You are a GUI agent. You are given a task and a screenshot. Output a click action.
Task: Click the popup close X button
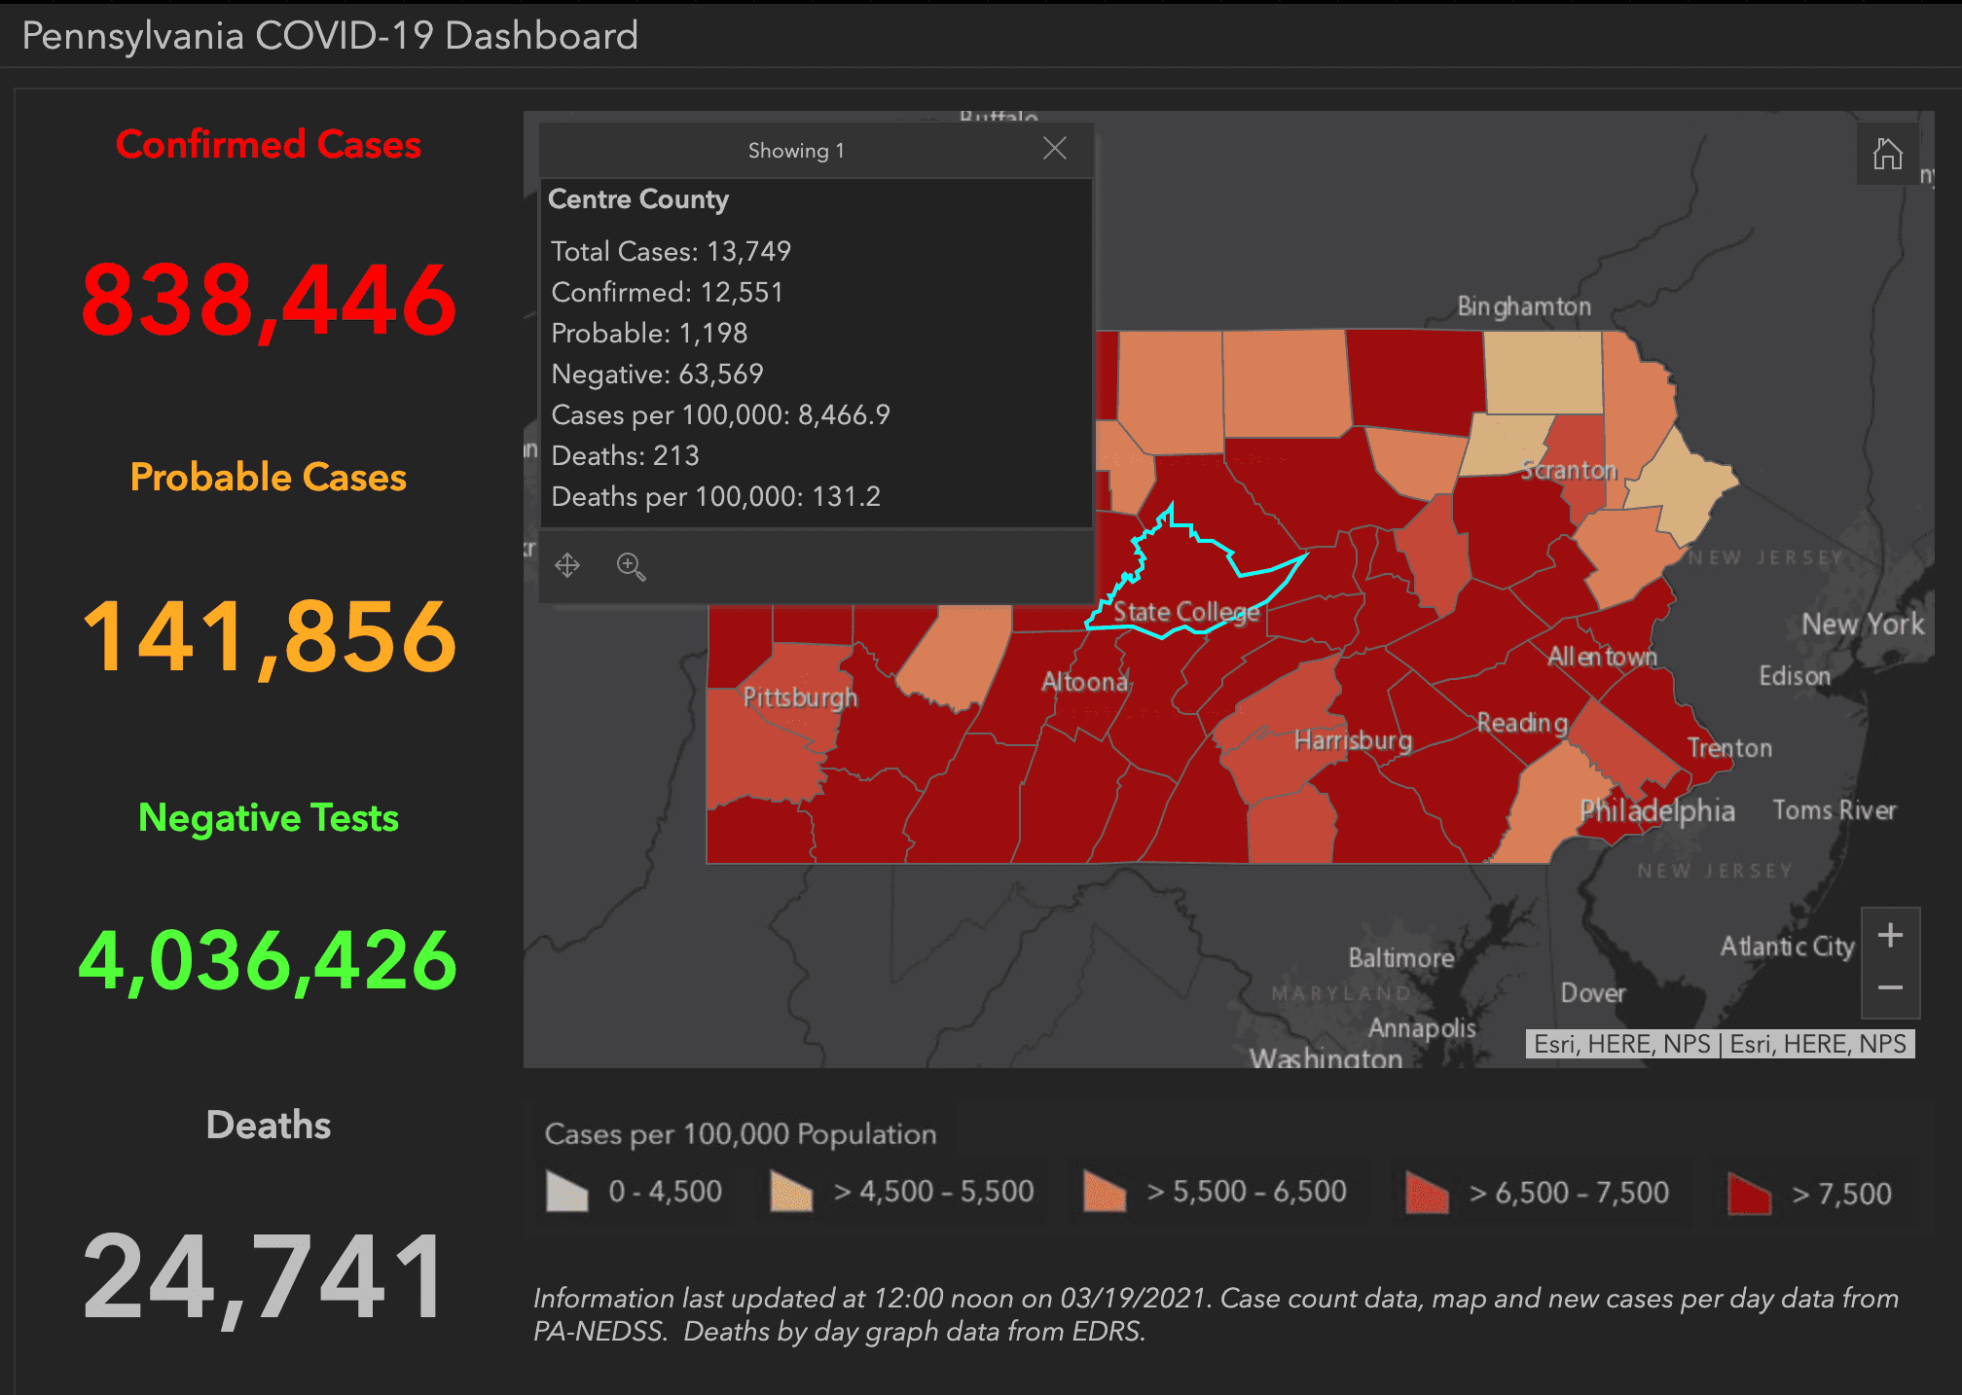pyautogui.click(x=1055, y=149)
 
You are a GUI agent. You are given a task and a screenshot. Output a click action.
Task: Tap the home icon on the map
pyautogui.click(x=1888, y=154)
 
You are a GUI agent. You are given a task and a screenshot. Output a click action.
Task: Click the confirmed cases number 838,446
pyautogui.click(x=269, y=301)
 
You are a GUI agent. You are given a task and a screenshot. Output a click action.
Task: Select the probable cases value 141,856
pyautogui.click(x=269, y=637)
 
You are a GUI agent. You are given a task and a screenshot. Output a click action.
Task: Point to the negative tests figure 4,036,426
pyautogui.click(x=268, y=961)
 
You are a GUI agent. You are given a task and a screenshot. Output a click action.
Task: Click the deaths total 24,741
pyautogui.click(x=265, y=1276)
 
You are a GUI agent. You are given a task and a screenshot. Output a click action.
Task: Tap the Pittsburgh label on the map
pyautogui.click(x=800, y=697)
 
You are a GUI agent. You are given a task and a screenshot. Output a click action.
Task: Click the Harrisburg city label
pyautogui.click(x=1353, y=741)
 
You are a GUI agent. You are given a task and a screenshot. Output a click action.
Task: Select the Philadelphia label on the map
pyautogui.click(x=1656, y=810)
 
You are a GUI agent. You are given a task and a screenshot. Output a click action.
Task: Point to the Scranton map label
pyautogui.click(x=1568, y=471)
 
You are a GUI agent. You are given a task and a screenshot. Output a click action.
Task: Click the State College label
pyautogui.click(x=1185, y=612)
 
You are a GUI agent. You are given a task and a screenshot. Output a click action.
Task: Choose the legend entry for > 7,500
pyautogui.click(x=1810, y=1193)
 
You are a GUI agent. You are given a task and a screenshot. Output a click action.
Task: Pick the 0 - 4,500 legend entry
pyautogui.click(x=635, y=1192)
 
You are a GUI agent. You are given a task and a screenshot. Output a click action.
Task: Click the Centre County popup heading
pyautogui.click(x=638, y=199)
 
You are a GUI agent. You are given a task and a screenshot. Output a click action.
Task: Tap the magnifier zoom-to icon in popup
pyautogui.click(x=631, y=566)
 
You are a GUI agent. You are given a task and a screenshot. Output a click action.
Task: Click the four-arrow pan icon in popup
pyautogui.click(x=567, y=565)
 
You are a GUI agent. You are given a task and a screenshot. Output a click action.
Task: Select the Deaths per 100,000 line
pyautogui.click(x=715, y=497)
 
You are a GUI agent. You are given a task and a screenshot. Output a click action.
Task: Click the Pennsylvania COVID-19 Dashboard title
pyautogui.click(x=330, y=36)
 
